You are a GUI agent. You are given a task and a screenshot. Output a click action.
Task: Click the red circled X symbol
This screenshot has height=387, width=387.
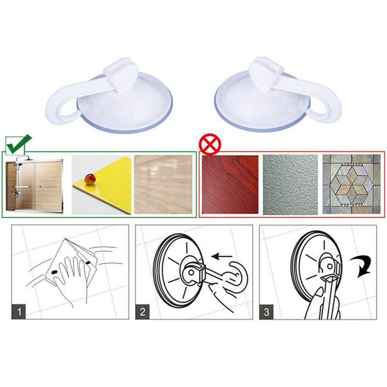point(210,144)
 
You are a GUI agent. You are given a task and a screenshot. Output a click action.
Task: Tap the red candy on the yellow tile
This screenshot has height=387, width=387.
point(90,179)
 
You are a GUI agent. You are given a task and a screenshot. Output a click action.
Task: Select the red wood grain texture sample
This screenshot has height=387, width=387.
point(230,184)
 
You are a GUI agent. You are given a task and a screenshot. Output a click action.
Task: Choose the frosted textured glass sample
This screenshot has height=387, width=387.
point(290,185)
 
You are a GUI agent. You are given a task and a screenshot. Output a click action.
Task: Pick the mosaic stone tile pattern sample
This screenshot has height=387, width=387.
point(351,184)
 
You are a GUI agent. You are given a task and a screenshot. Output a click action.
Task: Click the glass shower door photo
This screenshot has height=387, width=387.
point(34,184)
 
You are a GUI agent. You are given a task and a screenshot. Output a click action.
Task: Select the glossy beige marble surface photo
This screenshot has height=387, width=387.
point(163,184)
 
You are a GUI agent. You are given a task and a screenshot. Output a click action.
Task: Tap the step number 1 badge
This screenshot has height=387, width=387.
point(19,312)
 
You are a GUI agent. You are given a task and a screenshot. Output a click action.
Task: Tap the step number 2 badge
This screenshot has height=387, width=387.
point(142,312)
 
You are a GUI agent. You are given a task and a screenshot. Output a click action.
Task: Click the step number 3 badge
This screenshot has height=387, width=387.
point(266,312)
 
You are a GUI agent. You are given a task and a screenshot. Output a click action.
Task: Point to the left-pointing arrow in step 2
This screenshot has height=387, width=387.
point(222,256)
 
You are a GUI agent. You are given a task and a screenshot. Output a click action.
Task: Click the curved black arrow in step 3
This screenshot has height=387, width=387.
point(363,265)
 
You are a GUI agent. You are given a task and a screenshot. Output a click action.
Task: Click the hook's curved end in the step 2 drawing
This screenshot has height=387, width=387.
point(243,276)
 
